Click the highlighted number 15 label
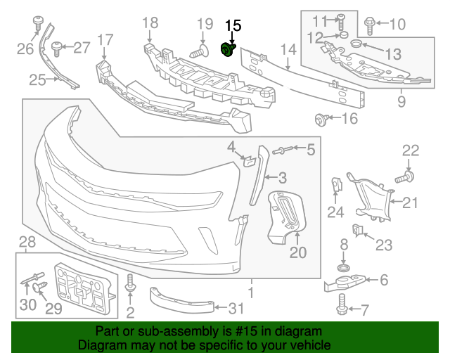coord(232,26)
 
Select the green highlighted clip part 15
coord(228,50)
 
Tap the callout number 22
coord(410,150)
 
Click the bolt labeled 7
coord(342,303)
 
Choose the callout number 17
coord(104,39)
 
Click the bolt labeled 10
coord(370,25)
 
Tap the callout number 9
coord(401,101)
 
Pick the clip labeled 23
coord(357,229)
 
